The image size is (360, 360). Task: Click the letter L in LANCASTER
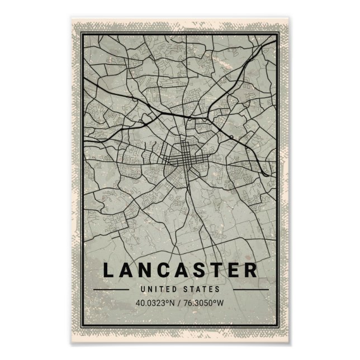107,271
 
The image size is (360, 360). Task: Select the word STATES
201,290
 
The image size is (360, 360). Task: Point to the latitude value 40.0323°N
155,304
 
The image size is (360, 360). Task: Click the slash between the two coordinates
179,304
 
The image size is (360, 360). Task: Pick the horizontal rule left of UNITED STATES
115,290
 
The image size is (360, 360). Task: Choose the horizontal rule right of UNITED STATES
245,290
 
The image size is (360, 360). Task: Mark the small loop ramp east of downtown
231,136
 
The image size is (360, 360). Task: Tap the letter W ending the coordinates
222,304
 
